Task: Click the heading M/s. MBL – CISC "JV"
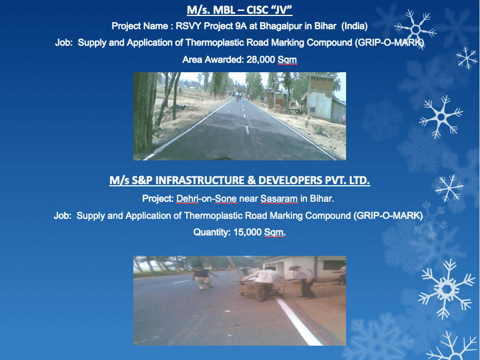tap(240, 10)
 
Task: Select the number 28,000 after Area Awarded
tap(261, 60)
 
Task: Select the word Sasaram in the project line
tap(279, 198)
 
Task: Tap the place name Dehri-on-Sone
tap(206, 198)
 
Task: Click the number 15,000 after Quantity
tap(247, 232)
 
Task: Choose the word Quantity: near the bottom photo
tap(212, 232)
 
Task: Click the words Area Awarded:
tap(213, 60)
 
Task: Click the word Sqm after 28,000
tap(287, 60)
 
